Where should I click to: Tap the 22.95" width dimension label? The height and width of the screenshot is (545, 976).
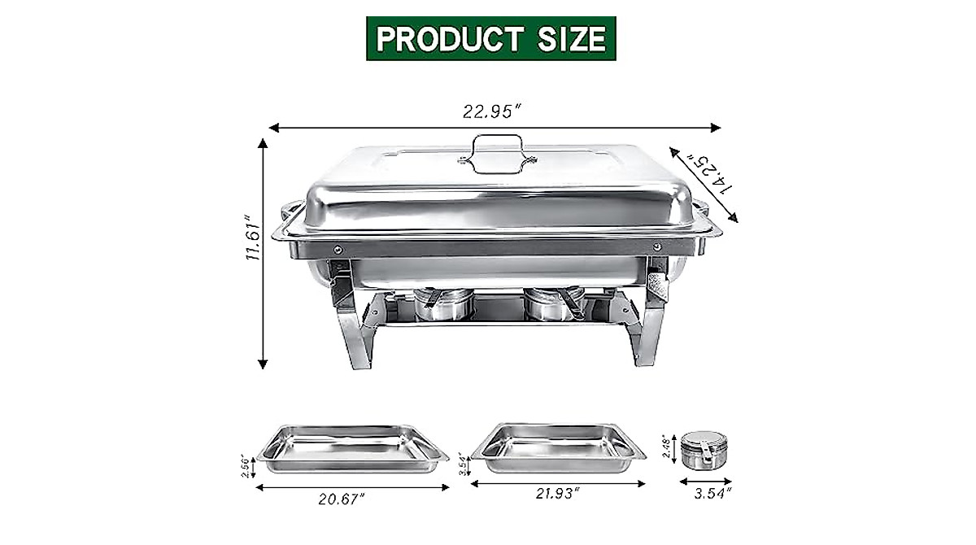click(493, 112)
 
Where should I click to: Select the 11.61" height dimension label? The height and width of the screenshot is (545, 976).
click(253, 238)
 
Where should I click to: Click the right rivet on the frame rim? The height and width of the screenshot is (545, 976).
click(656, 246)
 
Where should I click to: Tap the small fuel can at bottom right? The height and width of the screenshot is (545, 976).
click(702, 450)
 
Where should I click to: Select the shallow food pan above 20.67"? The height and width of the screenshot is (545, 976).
click(352, 447)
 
